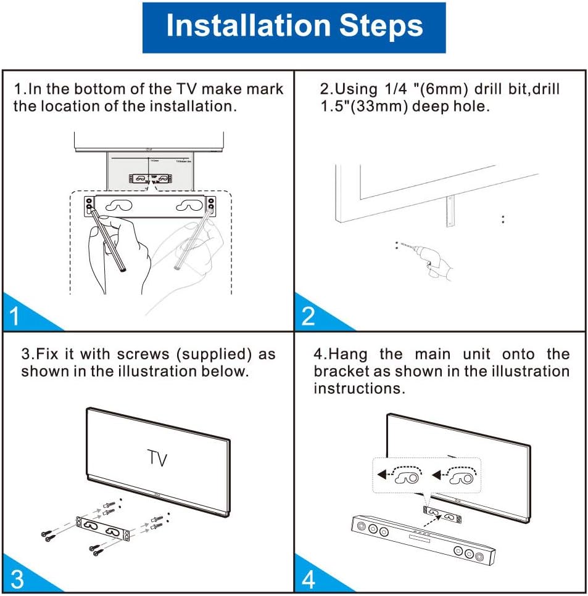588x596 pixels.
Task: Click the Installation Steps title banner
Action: point(294,27)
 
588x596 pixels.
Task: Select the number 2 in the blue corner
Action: point(308,316)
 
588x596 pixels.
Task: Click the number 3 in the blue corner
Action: point(16,579)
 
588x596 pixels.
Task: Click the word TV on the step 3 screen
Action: point(157,459)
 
